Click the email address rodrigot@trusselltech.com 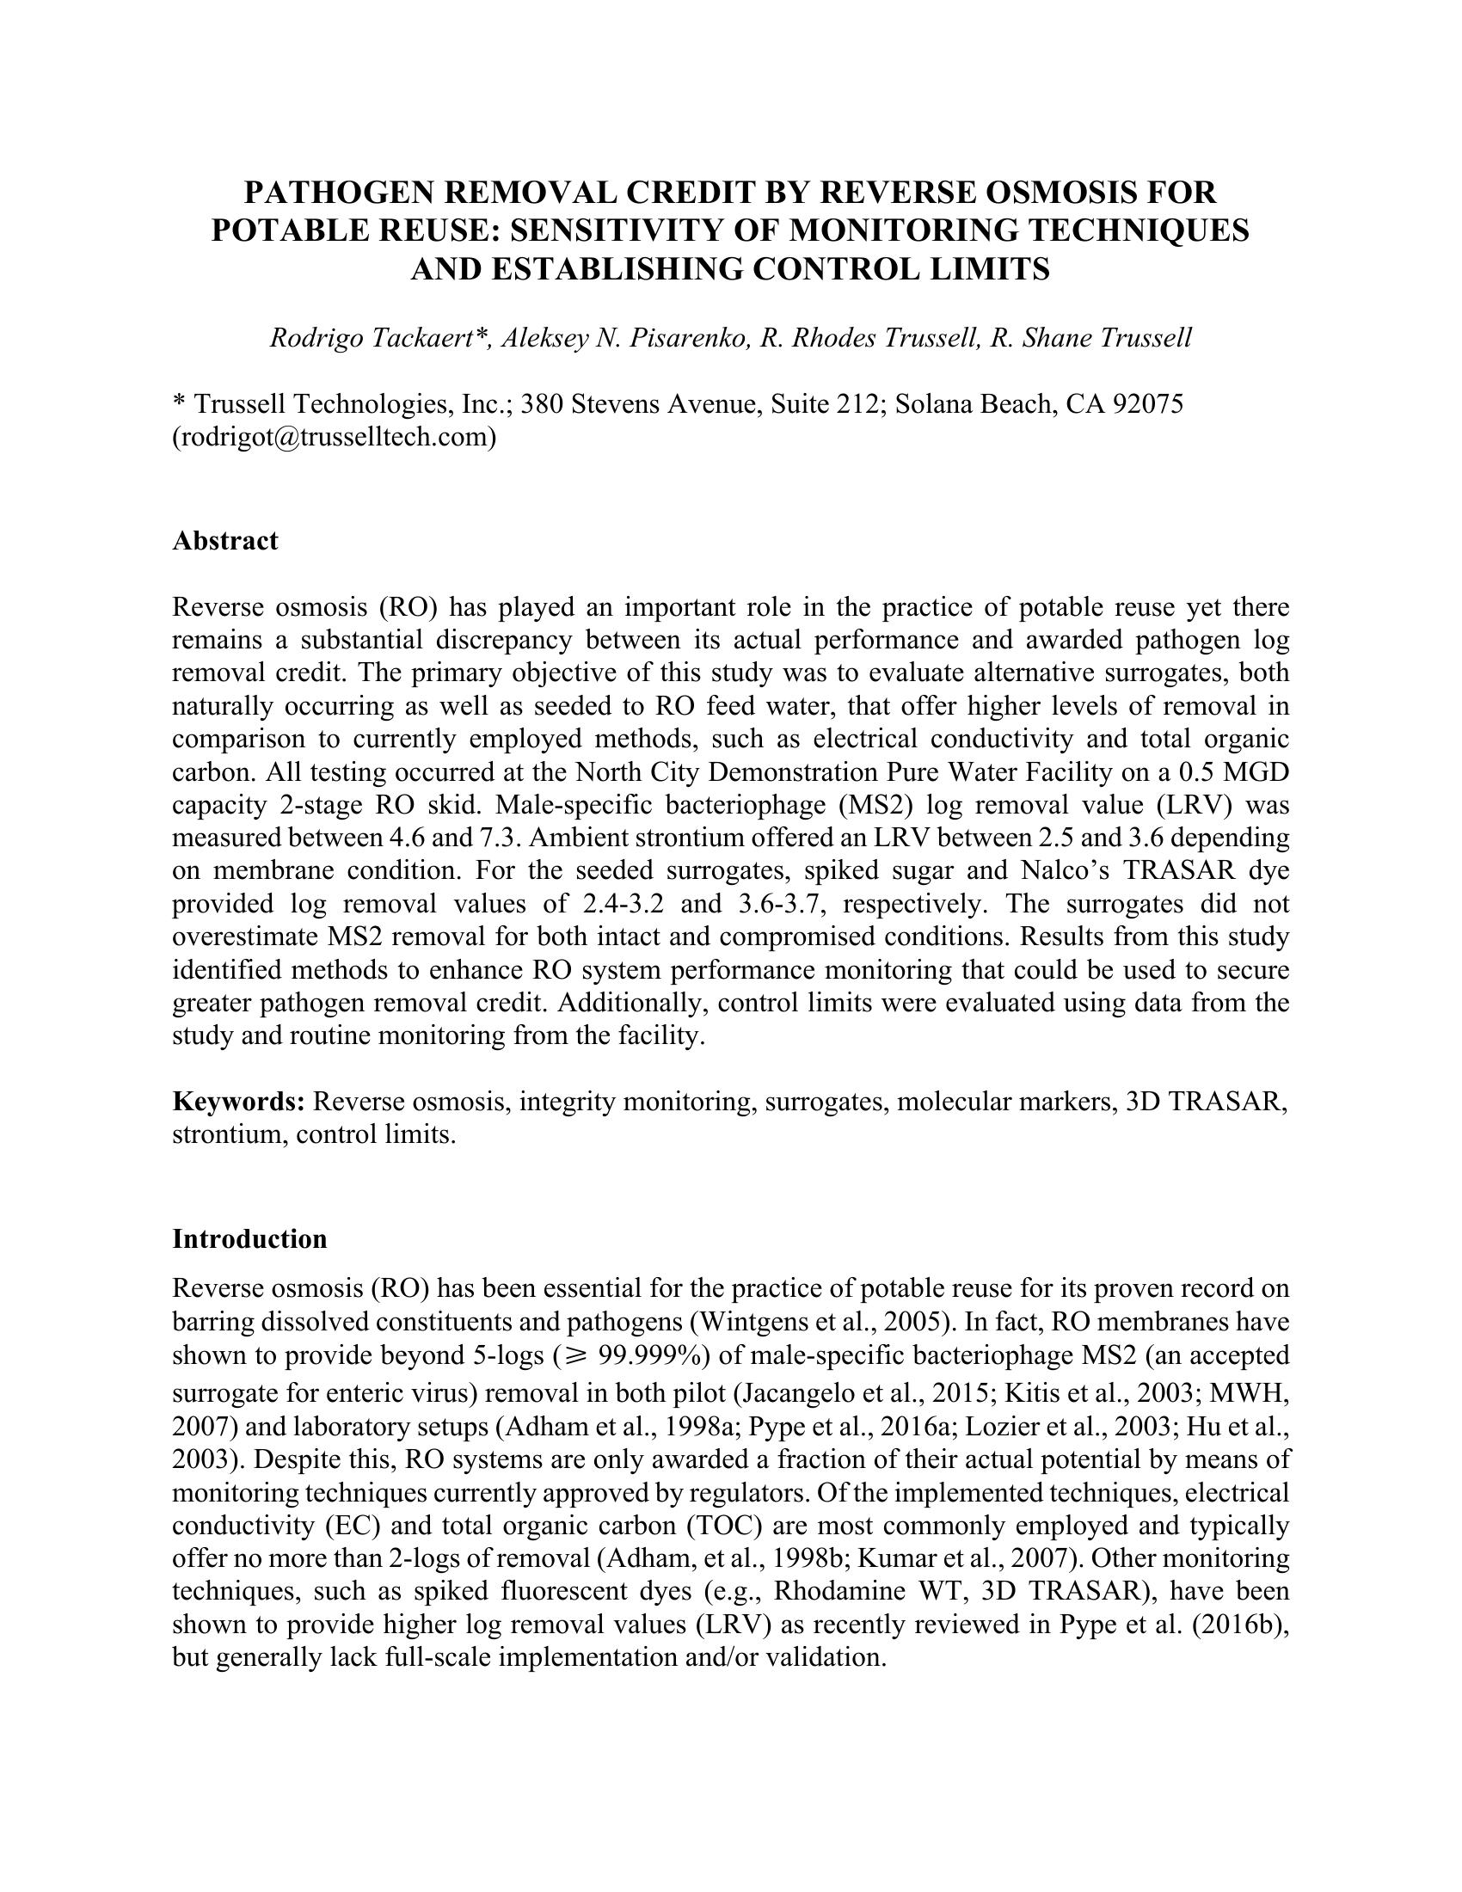tap(335, 437)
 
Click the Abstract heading tap(225, 541)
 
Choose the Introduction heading tap(249, 1238)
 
